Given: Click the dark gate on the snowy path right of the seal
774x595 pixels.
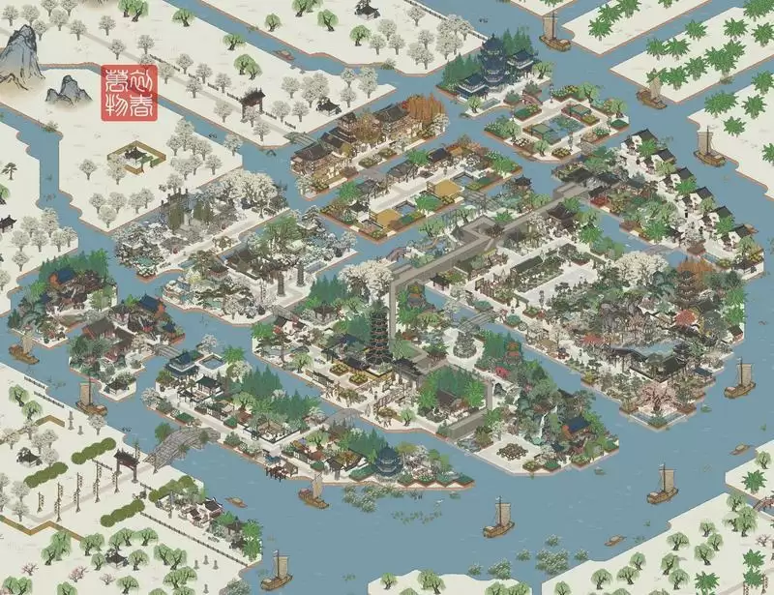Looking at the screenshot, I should (x=253, y=99).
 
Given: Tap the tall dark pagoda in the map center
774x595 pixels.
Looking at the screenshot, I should (x=374, y=329).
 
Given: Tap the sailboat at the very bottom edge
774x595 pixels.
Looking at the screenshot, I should (x=279, y=571).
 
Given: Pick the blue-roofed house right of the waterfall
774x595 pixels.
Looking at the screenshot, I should (x=578, y=424).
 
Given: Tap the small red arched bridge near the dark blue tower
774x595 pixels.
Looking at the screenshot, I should (x=531, y=98).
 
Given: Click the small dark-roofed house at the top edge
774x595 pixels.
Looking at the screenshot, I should (x=368, y=7).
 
